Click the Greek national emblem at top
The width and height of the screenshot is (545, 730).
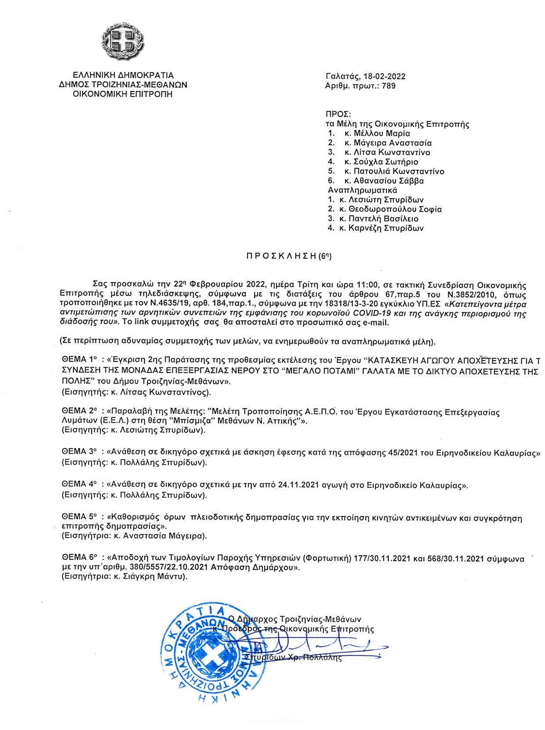[x=123, y=40]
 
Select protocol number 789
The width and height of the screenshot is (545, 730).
[x=389, y=86]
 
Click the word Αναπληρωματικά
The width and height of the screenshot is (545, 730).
[x=362, y=190]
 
